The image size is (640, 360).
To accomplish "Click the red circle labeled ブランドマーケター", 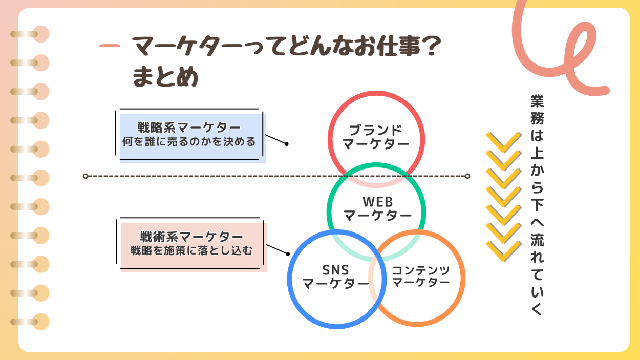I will [x=376, y=136].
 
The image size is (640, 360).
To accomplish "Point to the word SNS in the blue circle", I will [x=335, y=270].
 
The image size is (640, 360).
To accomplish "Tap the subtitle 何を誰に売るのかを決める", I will [x=189, y=141].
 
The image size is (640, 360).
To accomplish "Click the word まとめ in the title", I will [x=165, y=78].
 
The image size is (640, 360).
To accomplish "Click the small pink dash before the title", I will [x=110, y=46].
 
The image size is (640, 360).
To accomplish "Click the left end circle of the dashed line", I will [x=86, y=176].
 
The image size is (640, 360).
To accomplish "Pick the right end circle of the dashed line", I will [x=467, y=176].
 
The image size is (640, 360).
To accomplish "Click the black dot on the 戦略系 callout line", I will [x=287, y=144].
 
